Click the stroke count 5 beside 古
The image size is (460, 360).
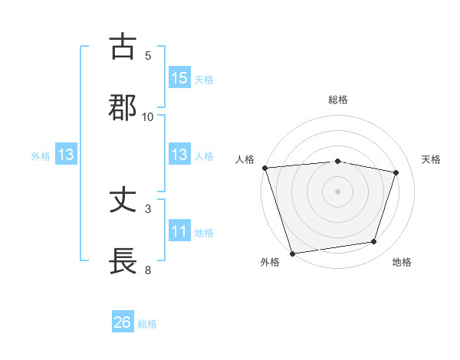click(148, 56)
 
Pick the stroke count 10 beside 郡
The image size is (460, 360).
click(148, 116)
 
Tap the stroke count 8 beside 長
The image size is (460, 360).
click(148, 270)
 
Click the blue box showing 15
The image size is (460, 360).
click(179, 78)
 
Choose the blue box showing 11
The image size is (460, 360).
click(179, 231)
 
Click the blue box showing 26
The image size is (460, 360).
click(123, 322)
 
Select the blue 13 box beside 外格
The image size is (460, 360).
click(66, 155)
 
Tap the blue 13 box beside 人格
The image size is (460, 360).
click(179, 155)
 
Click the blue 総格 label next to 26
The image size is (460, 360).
click(147, 324)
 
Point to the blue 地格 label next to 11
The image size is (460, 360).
click(204, 233)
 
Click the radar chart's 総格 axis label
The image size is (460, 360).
click(338, 100)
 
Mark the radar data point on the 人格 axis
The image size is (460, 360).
click(264, 168)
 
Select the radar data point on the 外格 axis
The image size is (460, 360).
click(292, 253)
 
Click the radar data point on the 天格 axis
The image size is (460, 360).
click(396, 172)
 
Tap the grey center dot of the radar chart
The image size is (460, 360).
click(337, 191)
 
